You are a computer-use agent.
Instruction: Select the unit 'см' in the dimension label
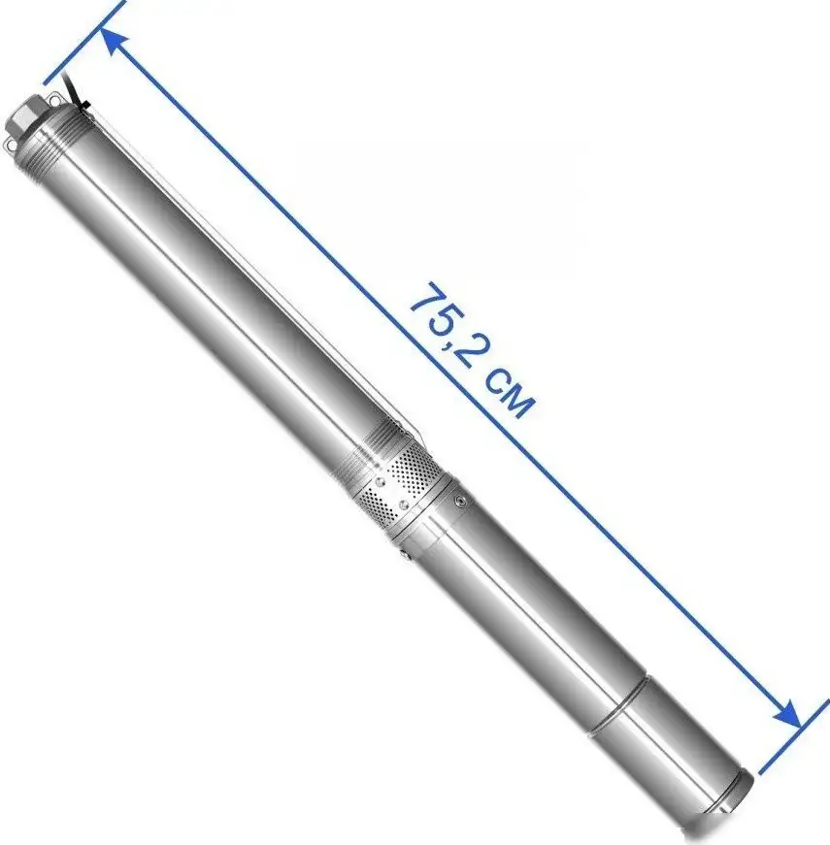(509, 395)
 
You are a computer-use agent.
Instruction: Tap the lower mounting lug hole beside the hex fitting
(10, 145)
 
